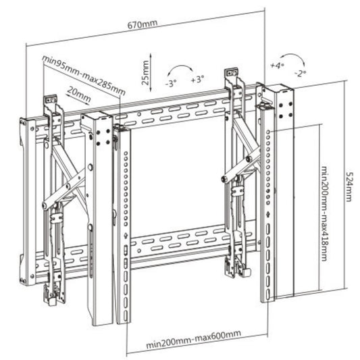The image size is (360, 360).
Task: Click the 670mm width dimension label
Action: pos(143,24)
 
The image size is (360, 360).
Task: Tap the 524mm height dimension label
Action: pos(349,186)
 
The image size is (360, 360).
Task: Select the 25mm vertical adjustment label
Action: pos(145,72)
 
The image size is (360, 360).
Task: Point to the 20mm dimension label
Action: pos(79,94)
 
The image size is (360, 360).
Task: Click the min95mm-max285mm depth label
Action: pos(84,75)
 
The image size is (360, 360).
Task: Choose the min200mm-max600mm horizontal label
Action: pos(194,339)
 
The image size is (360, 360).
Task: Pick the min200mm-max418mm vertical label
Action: pos(324,213)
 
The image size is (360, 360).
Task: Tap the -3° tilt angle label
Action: pos(171,83)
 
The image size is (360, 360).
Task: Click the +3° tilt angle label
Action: pos(197,80)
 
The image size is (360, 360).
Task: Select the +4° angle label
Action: pos(277,66)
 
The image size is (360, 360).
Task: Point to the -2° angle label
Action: pos(301,74)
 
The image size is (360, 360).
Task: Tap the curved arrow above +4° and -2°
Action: pos(292,55)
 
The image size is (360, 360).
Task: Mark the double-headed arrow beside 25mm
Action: pos(151,72)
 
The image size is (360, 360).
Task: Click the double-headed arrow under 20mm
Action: pos(78,99)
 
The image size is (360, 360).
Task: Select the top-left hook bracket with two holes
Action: pos(51,99)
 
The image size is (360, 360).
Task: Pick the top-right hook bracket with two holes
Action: pos(232,72)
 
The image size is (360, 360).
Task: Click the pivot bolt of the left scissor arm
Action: pos(68,186)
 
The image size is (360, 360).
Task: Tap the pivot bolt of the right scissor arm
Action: pos(248,159)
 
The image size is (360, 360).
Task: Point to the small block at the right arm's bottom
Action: pos(247,272)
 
